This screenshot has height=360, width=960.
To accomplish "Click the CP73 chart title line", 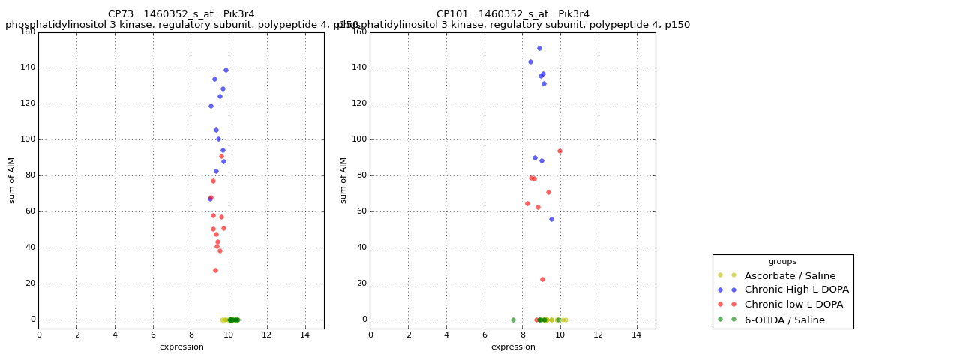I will point(181,14).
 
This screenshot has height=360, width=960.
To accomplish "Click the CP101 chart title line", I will point(513,14).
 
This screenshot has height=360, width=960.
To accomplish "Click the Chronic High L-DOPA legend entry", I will point(796,289).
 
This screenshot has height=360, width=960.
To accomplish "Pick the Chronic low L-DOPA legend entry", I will point(793,304).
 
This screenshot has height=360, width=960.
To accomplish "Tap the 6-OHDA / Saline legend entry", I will point(784,320).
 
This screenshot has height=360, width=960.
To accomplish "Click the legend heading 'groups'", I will point(782,262).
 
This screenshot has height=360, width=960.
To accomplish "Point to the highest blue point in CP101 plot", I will point(539,49).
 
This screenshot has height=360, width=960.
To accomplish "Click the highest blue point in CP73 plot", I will point(226,70).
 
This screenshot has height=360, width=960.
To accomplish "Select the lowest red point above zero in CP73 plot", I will point(215,271).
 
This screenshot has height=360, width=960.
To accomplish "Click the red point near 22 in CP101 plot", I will point(542,280).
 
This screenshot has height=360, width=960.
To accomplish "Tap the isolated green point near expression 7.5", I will point(513,319).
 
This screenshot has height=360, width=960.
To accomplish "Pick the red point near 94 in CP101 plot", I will point(559,151).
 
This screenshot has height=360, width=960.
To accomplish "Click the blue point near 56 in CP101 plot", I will point(551,220).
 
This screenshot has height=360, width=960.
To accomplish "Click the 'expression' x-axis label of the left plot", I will point(181,347).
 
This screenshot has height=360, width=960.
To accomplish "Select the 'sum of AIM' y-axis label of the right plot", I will point(343,180).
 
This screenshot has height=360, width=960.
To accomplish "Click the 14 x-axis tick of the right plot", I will point(636,334).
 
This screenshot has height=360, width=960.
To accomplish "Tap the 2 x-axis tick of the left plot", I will point(76,334).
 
